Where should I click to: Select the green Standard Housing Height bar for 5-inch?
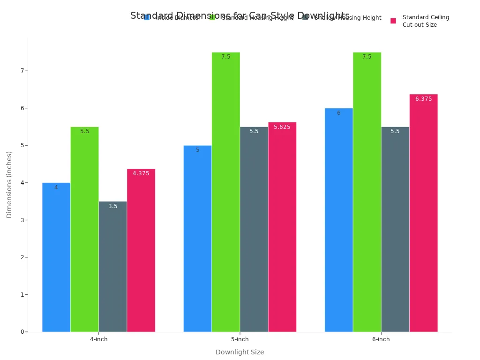click(x=225, y=192)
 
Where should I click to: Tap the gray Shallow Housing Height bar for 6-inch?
click(x=395, y=229)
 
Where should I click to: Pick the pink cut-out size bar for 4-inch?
click(x=141, y=250)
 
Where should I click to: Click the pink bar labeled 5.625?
click(x=282, y=227)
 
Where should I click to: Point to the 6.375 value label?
click(x=423, y=99)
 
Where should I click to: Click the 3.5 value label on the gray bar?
click(x=113, y=206)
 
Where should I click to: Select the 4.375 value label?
click(x=141, y=173)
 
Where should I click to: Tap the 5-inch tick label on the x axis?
click(x=240, y=339)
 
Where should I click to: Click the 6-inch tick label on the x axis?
click(x=381, y=339)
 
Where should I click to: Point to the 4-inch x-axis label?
click(x=98, y=339)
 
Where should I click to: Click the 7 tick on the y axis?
click(x=22, y=71)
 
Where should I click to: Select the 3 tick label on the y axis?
click(x=22, y=220)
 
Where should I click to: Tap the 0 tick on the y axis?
click(x=22, y=332)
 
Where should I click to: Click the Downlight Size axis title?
click(x=240, y=352)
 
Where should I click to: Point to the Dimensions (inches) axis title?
click(x=9, y=184)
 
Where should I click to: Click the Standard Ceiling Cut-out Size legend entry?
click(x=426, y=21)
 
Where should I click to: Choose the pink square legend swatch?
click(x=393, y=21)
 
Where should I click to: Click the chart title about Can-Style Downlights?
click(x=240, y=15)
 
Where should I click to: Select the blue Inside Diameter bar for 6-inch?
click(x=338, y=220)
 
